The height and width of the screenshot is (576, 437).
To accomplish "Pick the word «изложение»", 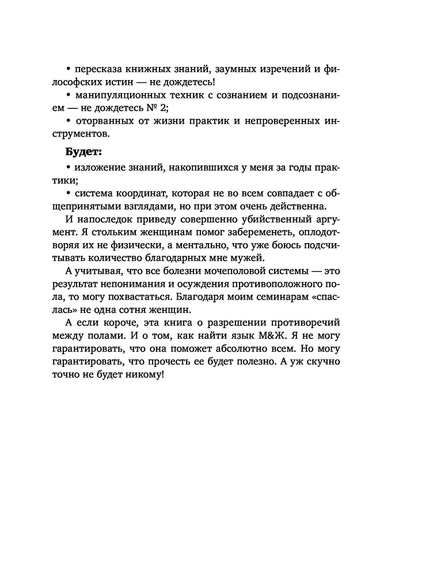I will click(x=96, y=168).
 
